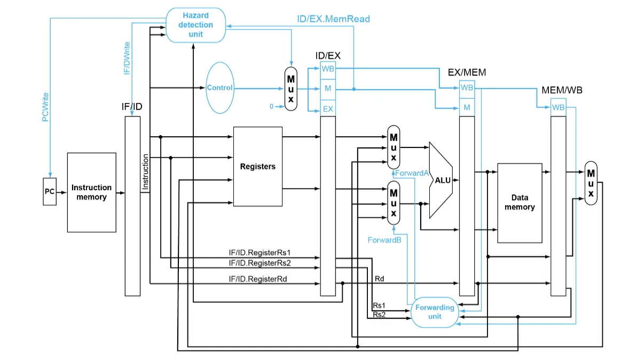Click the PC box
click(x=49, y=192)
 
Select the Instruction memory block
click(x=91, y=192)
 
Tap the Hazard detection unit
click(x=196, y=25)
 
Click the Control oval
click(x=219, y=88)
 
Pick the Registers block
click(x=258, y=167)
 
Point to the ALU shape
click(x=442, y=180)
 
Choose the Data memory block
click(x=520, y=203)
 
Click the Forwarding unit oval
click(x=435, y=312)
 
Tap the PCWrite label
click(x=46, y=107)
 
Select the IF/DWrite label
click(x=127, y=58)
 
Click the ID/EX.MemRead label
click(x=333, y=19)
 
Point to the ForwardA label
click(x=412, y=173)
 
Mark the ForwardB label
click(x=384, y=240)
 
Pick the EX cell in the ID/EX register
click(x=328, y=108)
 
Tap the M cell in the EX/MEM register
click(x=467, y=107)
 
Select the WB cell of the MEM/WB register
click(x=558, y=107)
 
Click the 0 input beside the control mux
click(x=271, y=106)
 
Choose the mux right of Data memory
click(x=591, y=183)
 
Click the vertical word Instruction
click(x=145, y=172)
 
